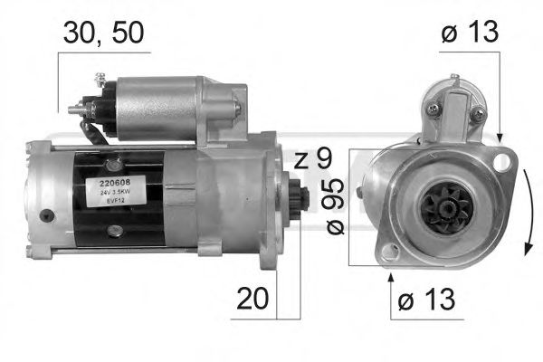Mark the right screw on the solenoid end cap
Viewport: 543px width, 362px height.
click(477, 112)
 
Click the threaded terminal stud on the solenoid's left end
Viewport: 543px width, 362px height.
click(76, 109)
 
